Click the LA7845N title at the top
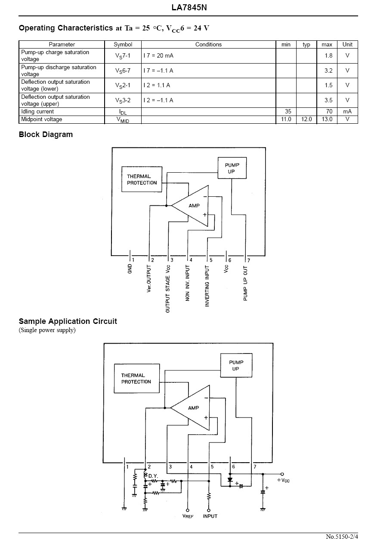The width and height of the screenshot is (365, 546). click(x=189, y=8)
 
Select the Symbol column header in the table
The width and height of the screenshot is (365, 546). click(x=123, y=44)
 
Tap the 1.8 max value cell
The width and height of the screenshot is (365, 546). click(x=328, y=55)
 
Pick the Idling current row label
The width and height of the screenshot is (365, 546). click(x=37, y=111)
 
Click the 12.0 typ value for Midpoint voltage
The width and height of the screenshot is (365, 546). click(x=306, y=119)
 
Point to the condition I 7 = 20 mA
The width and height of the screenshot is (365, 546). click(x=158, y=55)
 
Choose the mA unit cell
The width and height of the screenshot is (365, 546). click(x=347, y=111)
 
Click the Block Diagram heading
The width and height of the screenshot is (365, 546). click(x=46, y=134)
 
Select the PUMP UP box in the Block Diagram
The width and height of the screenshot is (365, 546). click(x=232, y=168)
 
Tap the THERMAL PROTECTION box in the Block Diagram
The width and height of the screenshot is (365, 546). click(x=142, y=179)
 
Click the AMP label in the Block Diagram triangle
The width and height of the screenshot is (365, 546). click(x=194, y=206)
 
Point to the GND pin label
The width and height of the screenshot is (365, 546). click(x=130, y=268)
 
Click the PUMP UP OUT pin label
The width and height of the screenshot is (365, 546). click(x=245, y=283)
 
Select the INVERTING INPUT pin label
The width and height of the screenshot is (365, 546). click(x=207, y=286)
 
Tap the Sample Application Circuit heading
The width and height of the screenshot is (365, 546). click(x=68, y=321)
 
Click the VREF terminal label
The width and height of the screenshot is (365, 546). click(x=188, y=516)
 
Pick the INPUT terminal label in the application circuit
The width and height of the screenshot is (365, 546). click(x=210, y=516)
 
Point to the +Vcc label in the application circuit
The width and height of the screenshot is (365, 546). click(x=283, y=480)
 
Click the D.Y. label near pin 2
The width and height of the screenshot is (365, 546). click(x=153, y=476)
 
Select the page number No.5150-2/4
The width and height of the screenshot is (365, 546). click(x=342, y=536)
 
